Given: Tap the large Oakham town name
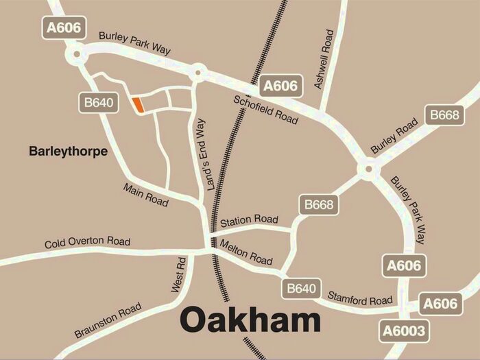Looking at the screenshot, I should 250,320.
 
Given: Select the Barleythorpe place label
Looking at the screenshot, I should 69,152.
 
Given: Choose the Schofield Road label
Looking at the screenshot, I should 266,108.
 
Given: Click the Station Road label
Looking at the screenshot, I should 249,220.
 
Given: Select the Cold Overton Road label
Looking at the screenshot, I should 87,243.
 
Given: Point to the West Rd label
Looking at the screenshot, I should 176,274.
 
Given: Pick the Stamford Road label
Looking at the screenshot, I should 361,300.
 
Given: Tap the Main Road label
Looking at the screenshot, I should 146,195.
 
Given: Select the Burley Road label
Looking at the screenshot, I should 394,136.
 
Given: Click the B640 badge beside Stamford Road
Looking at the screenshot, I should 301,289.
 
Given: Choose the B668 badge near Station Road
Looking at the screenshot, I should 319,204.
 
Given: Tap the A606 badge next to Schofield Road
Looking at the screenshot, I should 280,86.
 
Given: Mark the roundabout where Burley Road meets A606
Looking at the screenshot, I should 369,167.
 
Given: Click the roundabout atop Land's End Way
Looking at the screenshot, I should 198,71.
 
